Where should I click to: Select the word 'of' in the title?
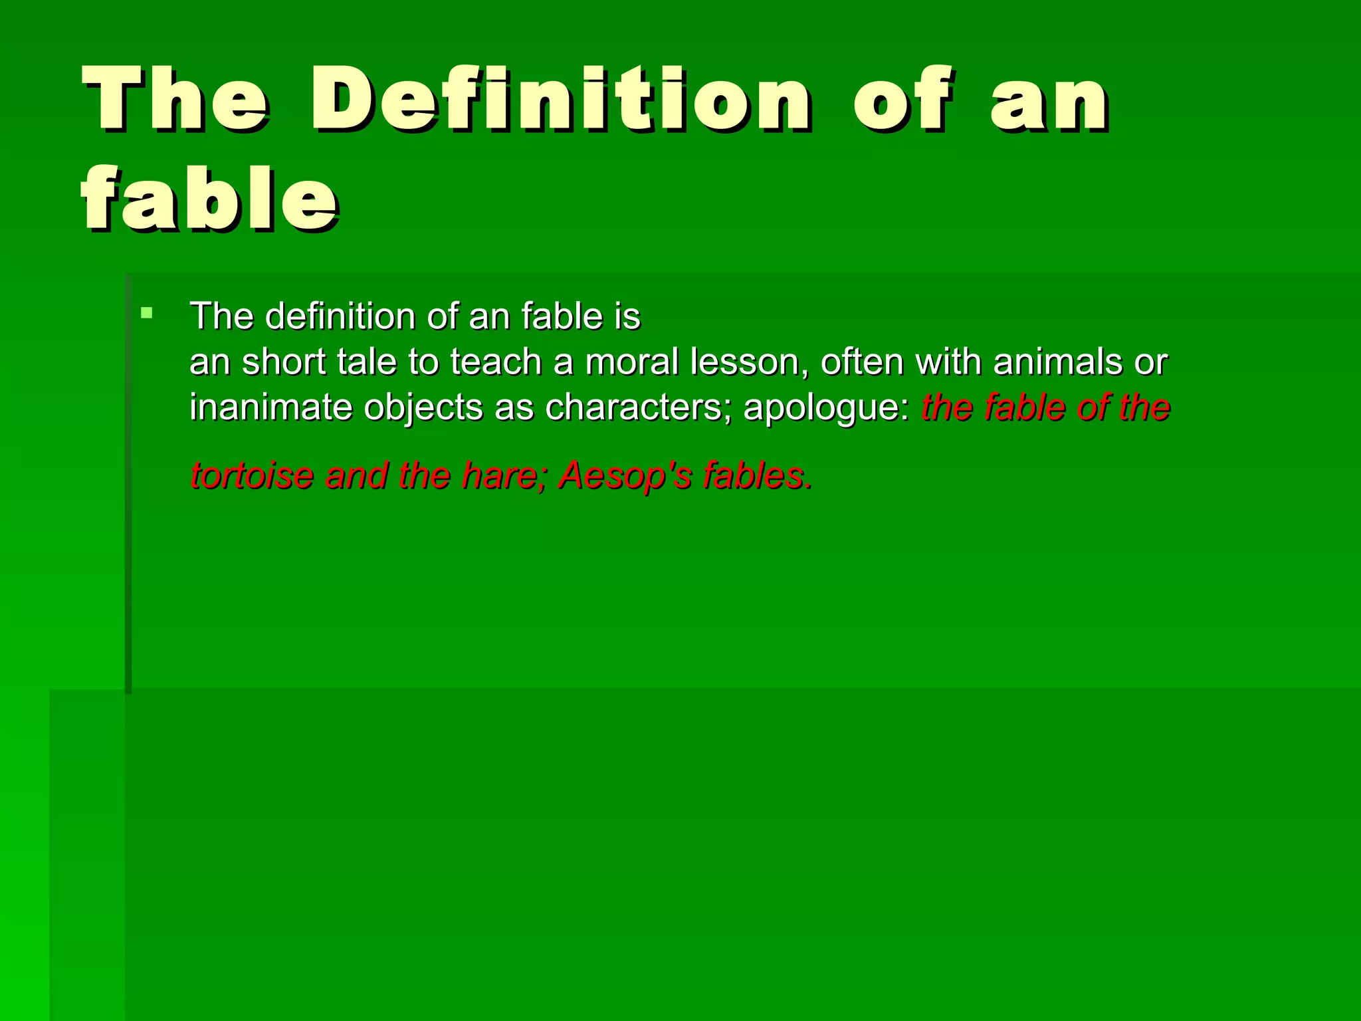[902, 100]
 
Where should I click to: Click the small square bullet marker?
[147, 312]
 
